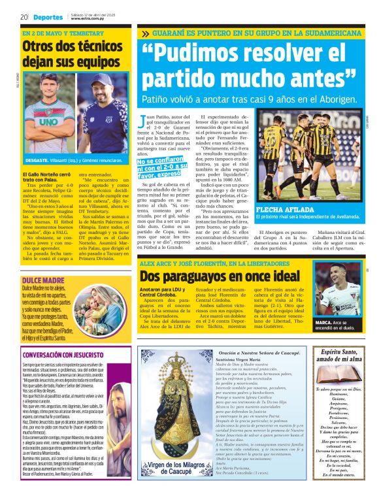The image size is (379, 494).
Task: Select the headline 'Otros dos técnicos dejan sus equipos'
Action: click(x=71, y=54)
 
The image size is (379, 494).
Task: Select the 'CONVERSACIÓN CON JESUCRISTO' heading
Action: click(x=62, y=355)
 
